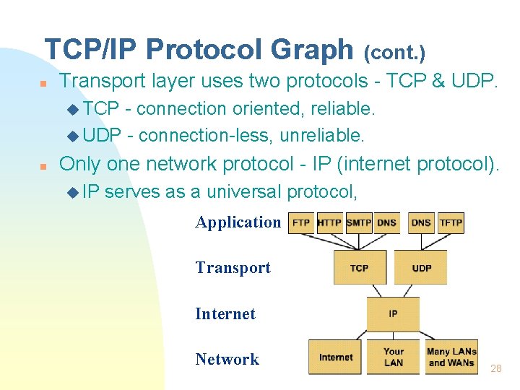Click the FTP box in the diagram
point(302,223)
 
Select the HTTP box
point(330,223)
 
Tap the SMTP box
point(359,223)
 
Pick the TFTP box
point(451,223)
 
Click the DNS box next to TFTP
point(421,223)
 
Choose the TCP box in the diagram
point(359,267)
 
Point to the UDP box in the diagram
point(421,267)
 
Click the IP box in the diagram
point(393,314)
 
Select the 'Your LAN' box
point(394,357)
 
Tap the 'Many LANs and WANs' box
point(451,357)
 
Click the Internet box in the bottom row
point(336,357)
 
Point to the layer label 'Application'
point(238,222)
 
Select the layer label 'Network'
point(227,359)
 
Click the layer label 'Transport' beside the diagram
point(233,267)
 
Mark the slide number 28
point(495,368)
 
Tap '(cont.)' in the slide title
point(394,53)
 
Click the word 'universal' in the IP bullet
point(244,191)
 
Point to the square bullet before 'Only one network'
point(43,166)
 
